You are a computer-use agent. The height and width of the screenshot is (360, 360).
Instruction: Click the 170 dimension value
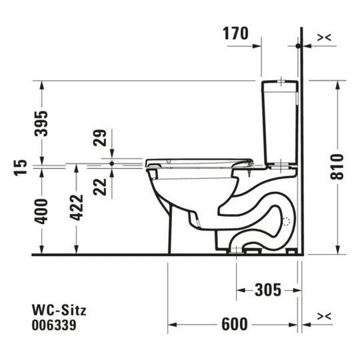click(237, 33)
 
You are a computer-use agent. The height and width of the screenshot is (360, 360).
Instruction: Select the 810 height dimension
click(340, 167)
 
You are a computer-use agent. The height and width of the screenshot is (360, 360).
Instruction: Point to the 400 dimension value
click(42, 211)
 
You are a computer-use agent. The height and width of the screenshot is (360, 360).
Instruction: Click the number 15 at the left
click(19, 167)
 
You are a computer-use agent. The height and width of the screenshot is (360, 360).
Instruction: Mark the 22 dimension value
click(100, 183)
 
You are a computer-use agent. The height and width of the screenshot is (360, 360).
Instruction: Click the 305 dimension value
click(269, 289)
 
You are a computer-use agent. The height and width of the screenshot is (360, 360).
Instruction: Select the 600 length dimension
click(234, 324)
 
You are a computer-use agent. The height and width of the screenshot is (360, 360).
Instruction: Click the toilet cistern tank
click(280, 123)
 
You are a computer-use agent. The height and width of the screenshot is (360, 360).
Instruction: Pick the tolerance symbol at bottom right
click(325, 317)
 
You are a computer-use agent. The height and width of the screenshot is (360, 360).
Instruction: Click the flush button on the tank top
click(281, 83)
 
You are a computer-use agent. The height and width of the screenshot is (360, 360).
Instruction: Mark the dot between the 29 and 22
click(111, 163)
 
